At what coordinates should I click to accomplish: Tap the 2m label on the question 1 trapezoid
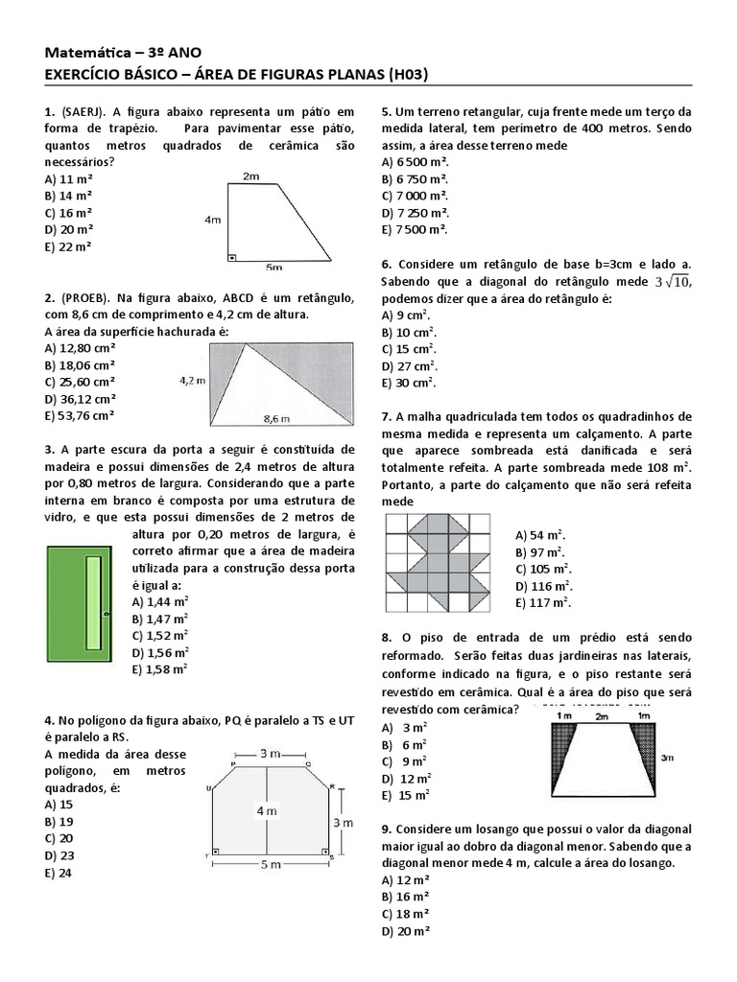point(250,176)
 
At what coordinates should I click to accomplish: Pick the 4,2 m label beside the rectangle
point(193,380)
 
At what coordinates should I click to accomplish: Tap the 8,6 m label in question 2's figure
point(276,418)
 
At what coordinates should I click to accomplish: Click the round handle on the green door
point(106,612)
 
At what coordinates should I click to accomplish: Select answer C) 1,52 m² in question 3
point(160,635)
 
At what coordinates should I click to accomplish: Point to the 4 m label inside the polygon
point(266,810)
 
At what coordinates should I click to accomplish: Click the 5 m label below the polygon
point(270,864)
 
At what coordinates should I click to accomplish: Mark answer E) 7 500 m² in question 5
point(415,230)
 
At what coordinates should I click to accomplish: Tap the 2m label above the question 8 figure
point(602,716)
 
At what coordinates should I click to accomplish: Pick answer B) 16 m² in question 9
point(405,897)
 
